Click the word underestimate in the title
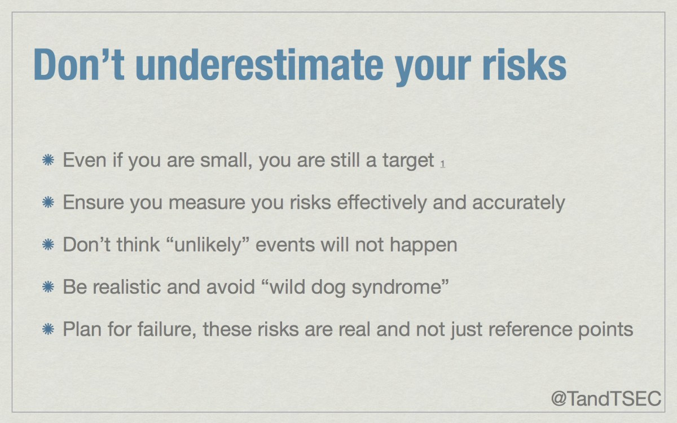tap(260, 64)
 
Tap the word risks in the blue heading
tap(524, 64)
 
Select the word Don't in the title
tap(79, 64)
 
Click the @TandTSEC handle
tap(606, 398)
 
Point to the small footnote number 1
tap(442, 164)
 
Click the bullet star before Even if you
tap(48, 160)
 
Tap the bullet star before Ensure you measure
tap(48, 202)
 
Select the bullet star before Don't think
tap(48, 244)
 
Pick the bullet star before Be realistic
tap(48, 287)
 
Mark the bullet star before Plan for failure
tap(48, 329)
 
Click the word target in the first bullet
tap(408, 161)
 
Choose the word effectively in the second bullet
tap(382, 202)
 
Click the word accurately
tap(518, 203)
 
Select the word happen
tap(424, 245)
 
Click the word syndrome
tap(397, 288)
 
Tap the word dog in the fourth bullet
tap(328, 288)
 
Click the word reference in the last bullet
tap(530, 329)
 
